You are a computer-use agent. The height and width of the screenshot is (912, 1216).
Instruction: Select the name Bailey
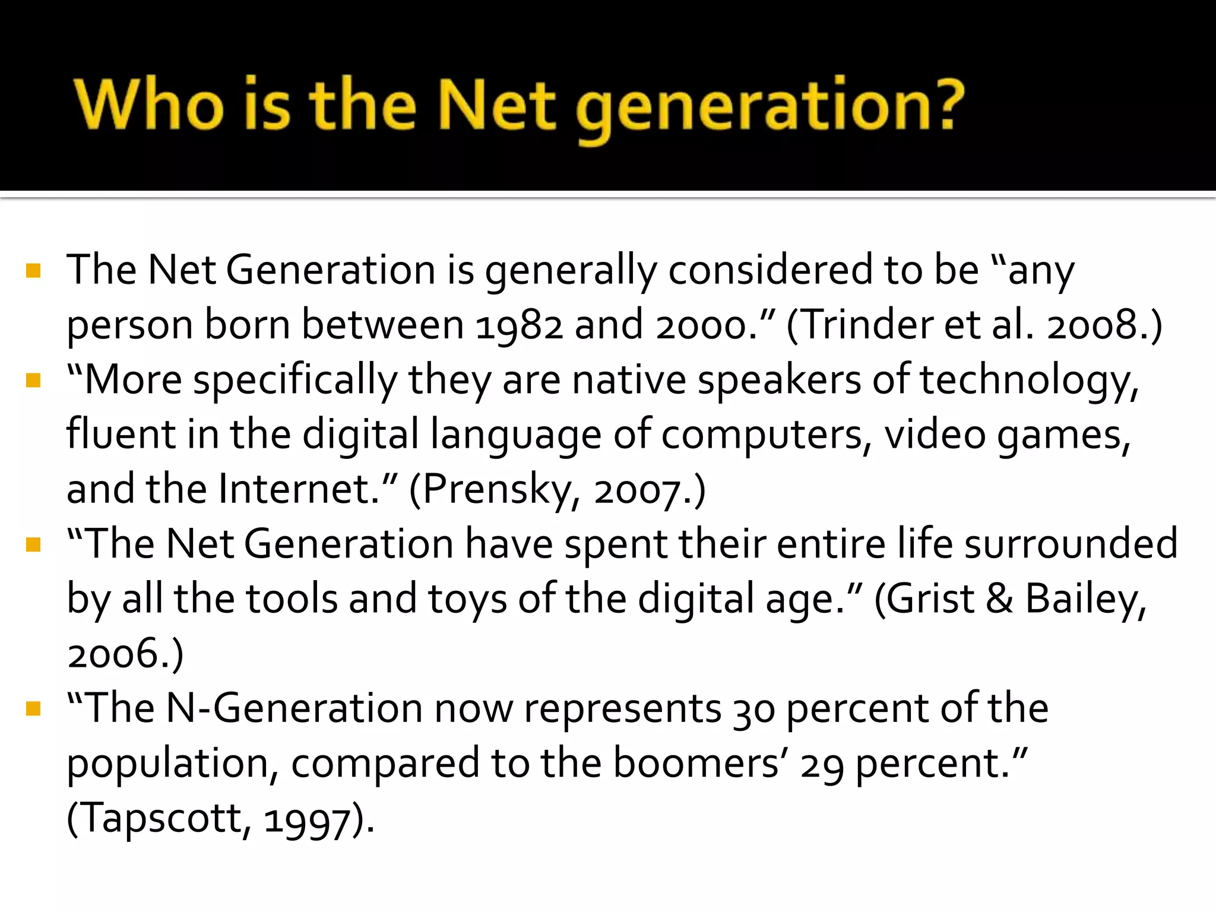pyautogui.click(x=1084, y=598)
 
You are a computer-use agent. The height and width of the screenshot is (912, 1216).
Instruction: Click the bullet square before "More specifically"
pyautogui.click(x=33, y=380)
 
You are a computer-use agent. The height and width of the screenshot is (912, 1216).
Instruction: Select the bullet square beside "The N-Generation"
pyautogui.click(x=33, y=709)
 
